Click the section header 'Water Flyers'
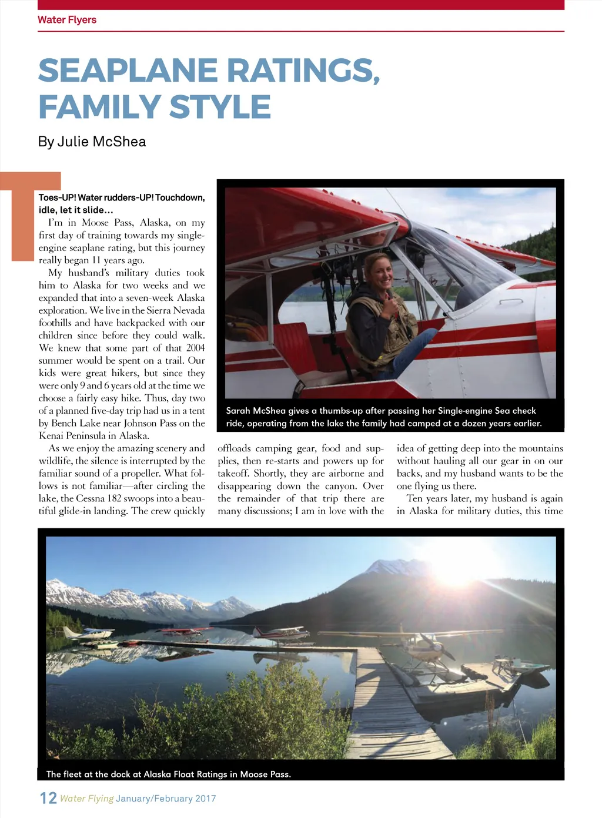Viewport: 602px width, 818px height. point(67,20)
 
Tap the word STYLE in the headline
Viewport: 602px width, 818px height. point(220,107)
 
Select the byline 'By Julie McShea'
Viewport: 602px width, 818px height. point(92,142)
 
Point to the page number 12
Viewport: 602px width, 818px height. point(48,798)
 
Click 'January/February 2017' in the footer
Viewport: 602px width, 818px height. point(166,799)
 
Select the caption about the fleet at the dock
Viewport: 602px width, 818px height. point(169,774)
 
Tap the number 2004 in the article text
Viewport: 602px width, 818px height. point(195,348)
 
